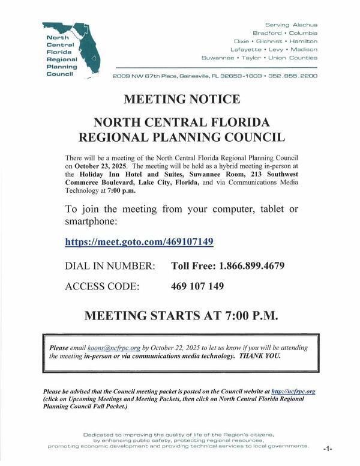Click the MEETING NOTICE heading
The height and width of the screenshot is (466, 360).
[x=181, y=99]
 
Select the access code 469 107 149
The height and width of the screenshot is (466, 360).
[x=197, y=286]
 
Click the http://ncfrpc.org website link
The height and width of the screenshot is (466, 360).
[x=293, y=391]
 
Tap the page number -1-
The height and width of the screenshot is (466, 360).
[x=327, y=448]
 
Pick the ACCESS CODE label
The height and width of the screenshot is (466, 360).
[x=102, y=286]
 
